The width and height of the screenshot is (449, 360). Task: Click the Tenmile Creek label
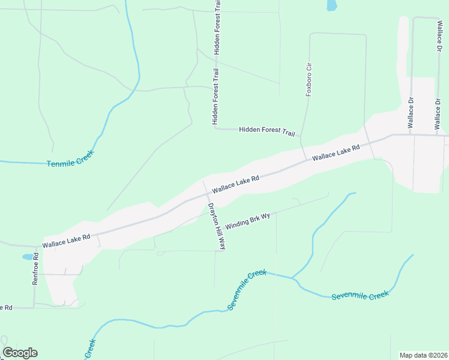(71, 158)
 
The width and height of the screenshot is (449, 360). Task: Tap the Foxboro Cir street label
(309, 79)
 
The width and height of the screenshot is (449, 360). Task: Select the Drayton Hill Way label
(217, 226)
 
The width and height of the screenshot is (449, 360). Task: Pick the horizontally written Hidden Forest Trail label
(267, 131)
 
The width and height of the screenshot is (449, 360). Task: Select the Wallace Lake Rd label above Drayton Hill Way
(235, 184)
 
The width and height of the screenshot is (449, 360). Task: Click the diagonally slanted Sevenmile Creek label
(247, 290)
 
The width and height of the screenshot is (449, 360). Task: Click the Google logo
(20, 353)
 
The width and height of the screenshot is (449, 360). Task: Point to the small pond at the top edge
(331, 5)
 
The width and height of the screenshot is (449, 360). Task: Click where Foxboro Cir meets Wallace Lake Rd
(305, 160)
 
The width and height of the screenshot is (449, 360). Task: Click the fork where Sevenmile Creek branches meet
(292, 278)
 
